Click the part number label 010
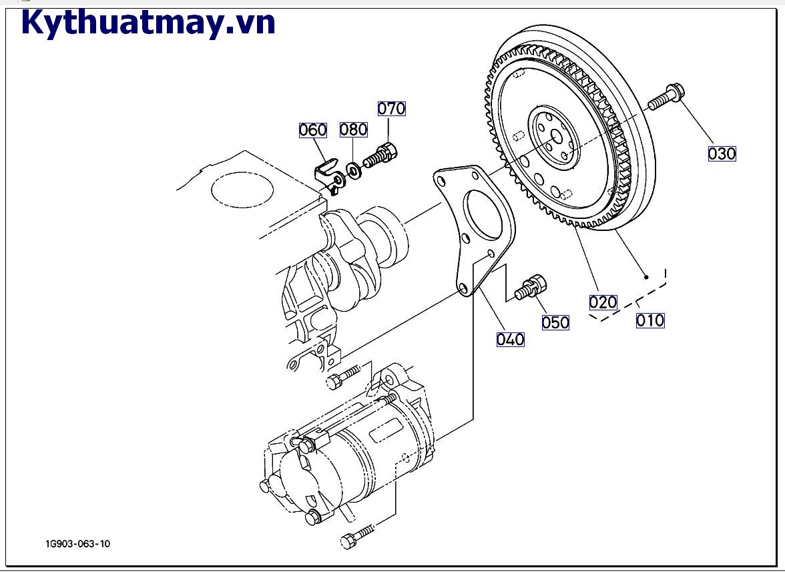tap(649, 320)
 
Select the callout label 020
tap(603, 302)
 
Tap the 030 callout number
tap(722, 154)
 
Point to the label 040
tap(510, 339)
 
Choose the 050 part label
tap(555, 322)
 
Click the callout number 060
tap(312, 129)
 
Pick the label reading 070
tap(392, 108)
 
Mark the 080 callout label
tap(354, 129)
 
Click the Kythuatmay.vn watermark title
tap(148, 23)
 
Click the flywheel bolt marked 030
tap(664, 96)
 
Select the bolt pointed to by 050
tap(532, 288)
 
